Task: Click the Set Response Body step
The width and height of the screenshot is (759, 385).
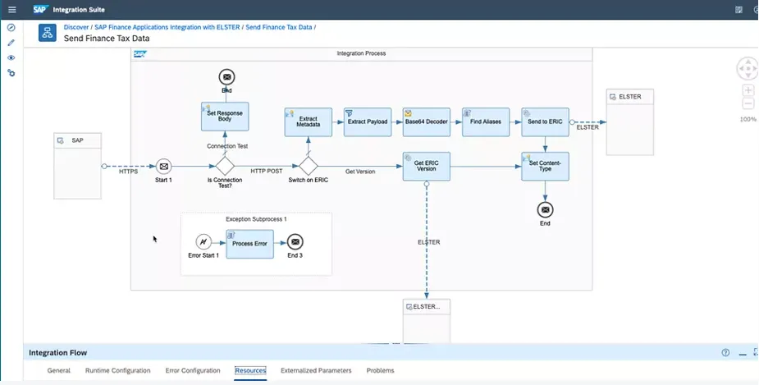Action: pyautogui.click(x=225, y=116)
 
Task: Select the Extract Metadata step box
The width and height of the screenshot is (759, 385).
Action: pyautogui.click(x=309, y=121)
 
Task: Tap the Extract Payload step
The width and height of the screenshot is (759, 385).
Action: pyautogui.click(x=368, y=121)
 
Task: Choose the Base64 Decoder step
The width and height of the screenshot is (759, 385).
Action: pyautogui.click(x=427, y=121)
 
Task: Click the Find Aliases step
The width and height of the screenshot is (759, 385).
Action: pyautogui.click(x=486, y=121)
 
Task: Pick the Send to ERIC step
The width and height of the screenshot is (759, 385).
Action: pyautogui.click(x=545, y=121)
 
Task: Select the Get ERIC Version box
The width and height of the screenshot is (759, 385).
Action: pyautogui.click(x=427, y=167)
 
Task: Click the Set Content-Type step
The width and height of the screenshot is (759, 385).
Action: pyautogui.click(x=545, y=167)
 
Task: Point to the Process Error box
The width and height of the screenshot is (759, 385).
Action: pyautogui.click(x=249, y=243)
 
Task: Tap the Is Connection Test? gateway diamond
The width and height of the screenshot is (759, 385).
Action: pyautogui.click(x=225, y=167)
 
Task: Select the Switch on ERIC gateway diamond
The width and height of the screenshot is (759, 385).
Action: pyautogui.click(x=309, y=167)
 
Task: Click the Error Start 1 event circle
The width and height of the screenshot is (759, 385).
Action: pyautogui.click(x=204, y=242)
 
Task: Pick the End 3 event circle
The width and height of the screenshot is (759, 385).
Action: pyautogui.click(x=295, y=242)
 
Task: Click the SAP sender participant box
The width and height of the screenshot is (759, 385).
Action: pyautogui.click(x=77, y=166)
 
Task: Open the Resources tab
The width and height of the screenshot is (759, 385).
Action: pyautogui.click(x=250, y=371)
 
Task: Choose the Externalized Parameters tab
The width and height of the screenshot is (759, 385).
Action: pyautogui.click(x=316, y=371)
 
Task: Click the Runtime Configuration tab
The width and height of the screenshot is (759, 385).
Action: pyautogui.click(x=117, y=371)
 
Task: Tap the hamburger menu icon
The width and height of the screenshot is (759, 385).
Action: pyautogui.click(x=11, y=9)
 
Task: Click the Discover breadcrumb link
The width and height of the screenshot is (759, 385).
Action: pyautogui.click(x=76, y=27)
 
